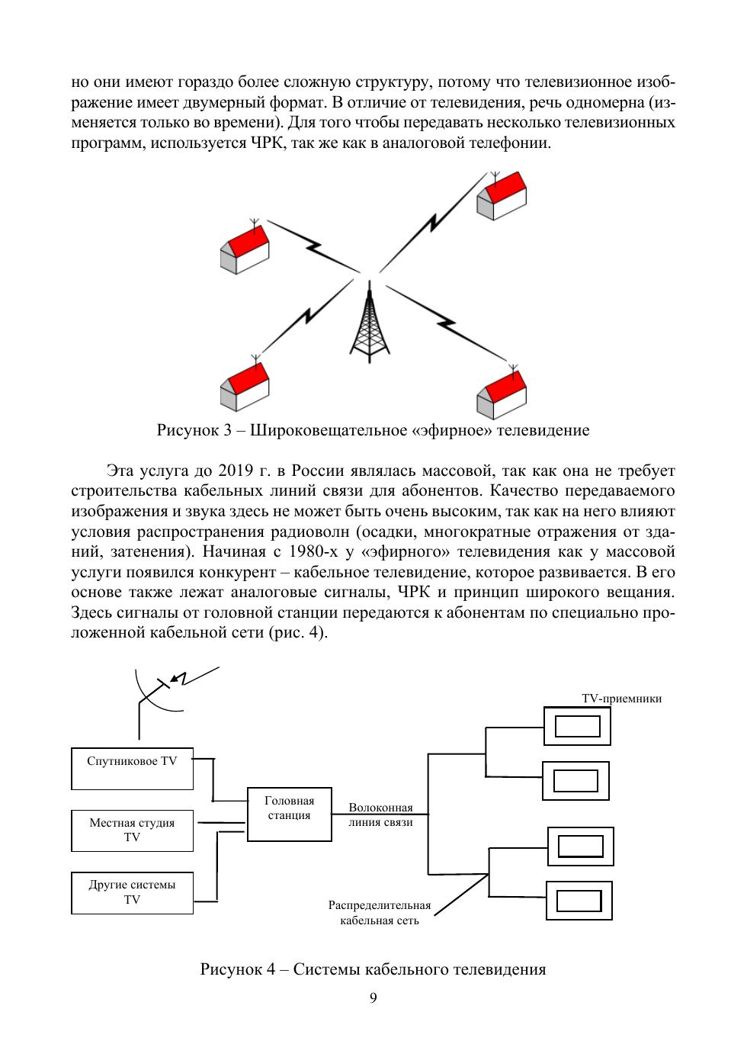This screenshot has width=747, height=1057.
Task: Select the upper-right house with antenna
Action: [x=501, y=197]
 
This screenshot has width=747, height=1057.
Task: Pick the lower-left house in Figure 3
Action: [x=245, y=387]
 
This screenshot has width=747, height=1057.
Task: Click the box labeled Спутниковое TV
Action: [x=132, y=769]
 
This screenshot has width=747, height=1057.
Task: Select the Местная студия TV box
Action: [x=132, y=830]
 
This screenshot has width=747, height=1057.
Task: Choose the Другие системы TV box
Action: [x=132, y=892]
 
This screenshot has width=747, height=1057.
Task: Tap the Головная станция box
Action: [x=290, y=814]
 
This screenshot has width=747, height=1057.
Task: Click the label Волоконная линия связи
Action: [x=380, y=815]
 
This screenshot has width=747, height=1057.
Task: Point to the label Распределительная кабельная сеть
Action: [x=380, y=913]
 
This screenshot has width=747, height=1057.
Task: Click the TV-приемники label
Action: [x=621, y=698]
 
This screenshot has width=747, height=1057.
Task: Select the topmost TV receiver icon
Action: [x=577, y=726]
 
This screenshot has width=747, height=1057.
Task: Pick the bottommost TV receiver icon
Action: [x=579, y=901]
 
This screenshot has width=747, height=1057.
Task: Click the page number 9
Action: [x=373, y=999]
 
